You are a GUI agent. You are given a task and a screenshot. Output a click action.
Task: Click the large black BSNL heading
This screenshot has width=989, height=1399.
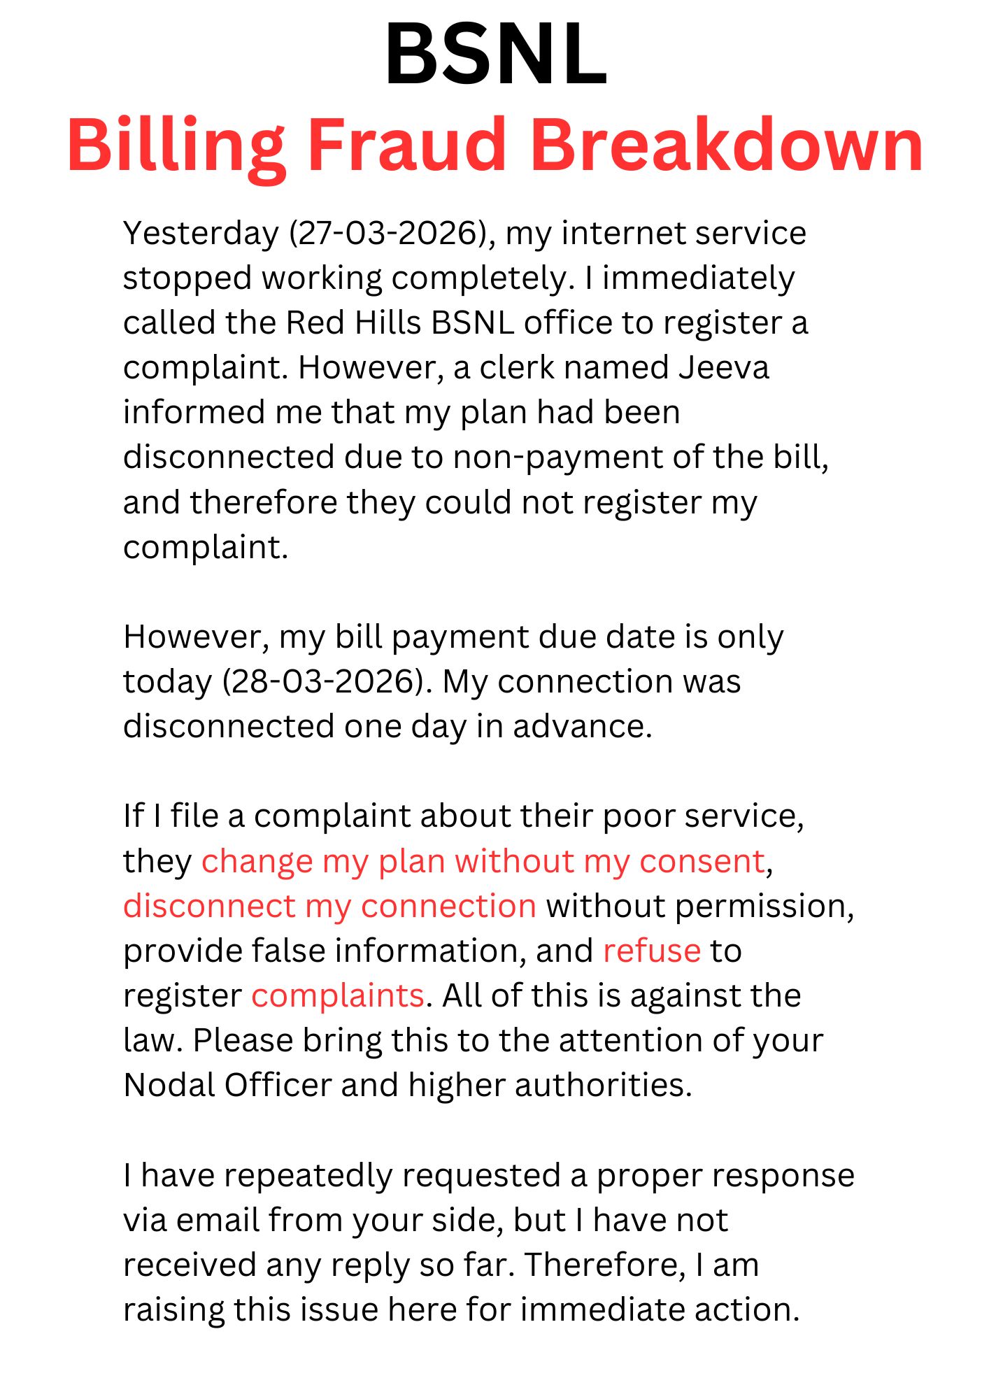(x=496, y=55)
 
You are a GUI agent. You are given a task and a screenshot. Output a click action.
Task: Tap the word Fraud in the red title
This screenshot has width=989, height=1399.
(x=406, y=145)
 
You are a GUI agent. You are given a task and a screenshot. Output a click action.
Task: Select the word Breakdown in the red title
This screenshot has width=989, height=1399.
(x=727, y=145)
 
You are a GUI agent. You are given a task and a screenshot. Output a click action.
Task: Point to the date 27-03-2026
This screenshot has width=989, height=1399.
(x=387, y=234)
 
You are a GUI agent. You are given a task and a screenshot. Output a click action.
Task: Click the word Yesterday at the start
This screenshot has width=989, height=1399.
(x=201, y=234)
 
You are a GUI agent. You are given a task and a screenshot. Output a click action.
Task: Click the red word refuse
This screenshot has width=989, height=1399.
(x=651, y=951)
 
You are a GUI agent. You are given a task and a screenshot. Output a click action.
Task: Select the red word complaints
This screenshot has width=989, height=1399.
(x=337, y=995)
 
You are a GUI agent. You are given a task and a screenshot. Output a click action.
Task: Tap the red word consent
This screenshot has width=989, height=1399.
(x=702, y=861)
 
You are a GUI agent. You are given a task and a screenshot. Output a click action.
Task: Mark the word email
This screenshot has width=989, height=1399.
(x=217, y=1220)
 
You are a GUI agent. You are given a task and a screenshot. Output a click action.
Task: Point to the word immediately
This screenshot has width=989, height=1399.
(x=698, y=278)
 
